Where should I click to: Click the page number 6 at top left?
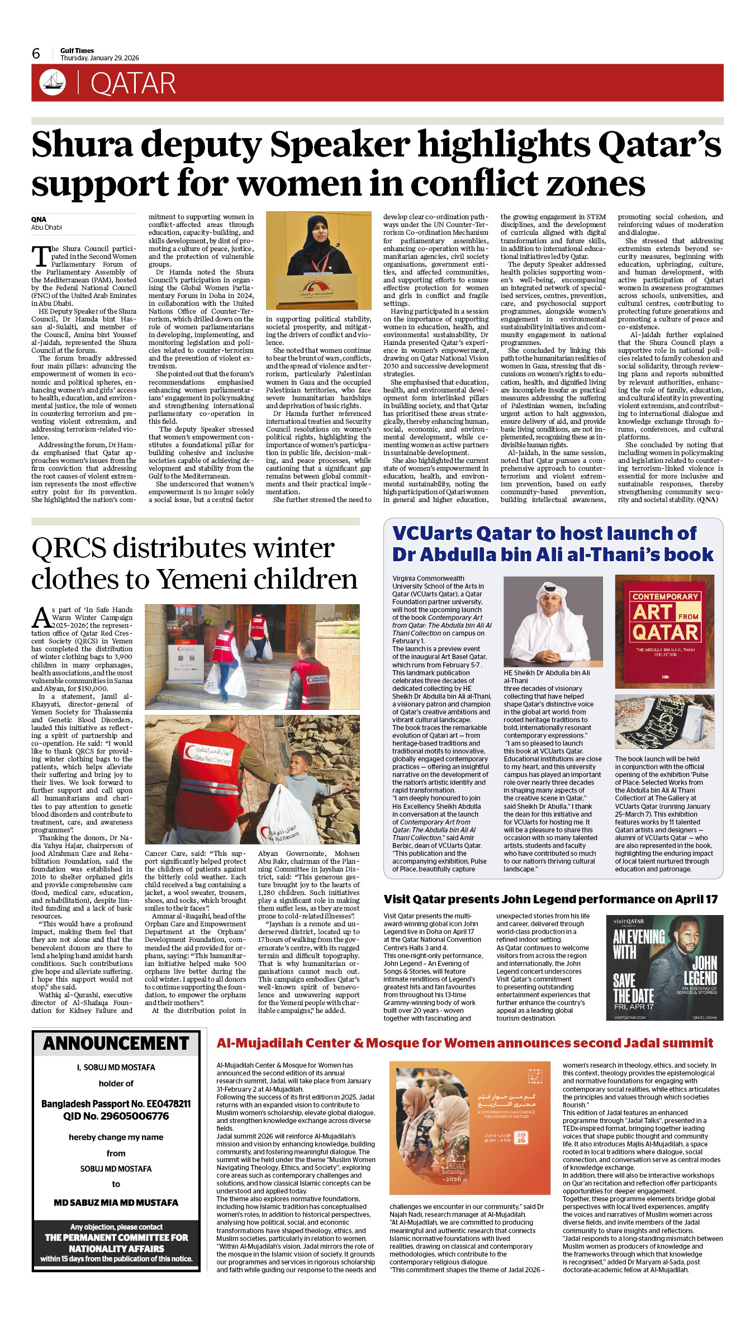[36, 54]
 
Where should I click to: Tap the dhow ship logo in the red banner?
[53, 82]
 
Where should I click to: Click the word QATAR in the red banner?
[133, 84]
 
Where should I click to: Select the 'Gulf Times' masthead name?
[77, 50]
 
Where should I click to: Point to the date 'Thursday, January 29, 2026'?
[99, 58]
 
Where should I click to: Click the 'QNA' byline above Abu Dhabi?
[39, 220]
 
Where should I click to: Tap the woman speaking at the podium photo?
[319, 260]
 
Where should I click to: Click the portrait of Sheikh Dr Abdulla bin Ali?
[553, 621]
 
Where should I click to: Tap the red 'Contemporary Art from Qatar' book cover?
[664, 631]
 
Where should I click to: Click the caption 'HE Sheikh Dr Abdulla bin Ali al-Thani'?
[547, 676]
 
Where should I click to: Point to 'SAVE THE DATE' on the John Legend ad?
[633, 988]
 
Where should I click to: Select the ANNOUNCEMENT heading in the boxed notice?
[116, 1044]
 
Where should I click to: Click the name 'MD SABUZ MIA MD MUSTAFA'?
[116, 1202]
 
